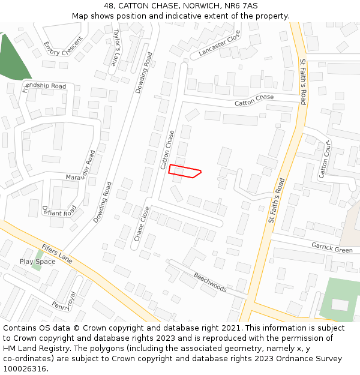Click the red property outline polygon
(x=184, y=171)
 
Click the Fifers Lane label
(x=57, y=254)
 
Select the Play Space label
(x=37, y=262)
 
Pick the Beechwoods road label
(x=210, y=283)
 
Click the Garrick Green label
(x=332, y=247)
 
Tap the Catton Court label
(x=325, y=159)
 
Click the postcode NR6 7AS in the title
(x=242, y=6)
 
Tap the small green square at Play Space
(x=38, y=265)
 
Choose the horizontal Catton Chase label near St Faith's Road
(x=254, y=100)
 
